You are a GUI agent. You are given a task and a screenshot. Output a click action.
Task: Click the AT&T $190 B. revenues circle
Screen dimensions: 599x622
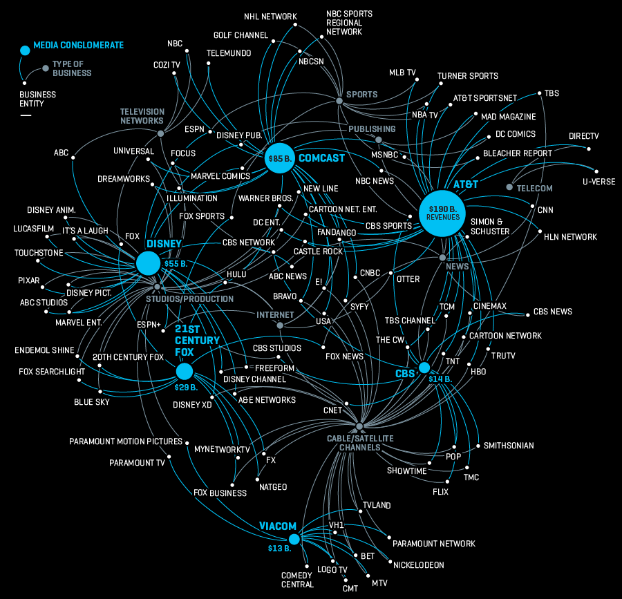[442, 212]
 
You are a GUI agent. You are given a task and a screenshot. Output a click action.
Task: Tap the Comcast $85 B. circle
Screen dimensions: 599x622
[280, 158]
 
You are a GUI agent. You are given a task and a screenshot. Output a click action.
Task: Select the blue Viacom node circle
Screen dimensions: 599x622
[294, 539]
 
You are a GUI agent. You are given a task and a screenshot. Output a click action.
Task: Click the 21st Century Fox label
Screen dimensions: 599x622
[197, 341]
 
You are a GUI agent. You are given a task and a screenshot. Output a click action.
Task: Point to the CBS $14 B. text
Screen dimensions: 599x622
[440, 379]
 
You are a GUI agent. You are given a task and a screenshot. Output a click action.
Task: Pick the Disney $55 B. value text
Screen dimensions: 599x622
[176, 264]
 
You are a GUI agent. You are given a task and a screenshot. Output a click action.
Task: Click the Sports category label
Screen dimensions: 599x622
[362, 95]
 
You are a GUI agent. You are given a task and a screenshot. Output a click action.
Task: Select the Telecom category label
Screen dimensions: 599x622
[535, 188]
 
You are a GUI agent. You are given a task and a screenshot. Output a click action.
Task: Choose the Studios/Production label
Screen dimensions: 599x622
[189, 299]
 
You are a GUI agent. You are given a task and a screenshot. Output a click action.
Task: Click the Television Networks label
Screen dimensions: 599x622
[142, 115]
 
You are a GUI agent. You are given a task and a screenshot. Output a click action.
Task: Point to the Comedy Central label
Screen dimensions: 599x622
[297, 580]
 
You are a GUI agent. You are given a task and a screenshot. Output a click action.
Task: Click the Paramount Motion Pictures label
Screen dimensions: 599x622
[126, 441]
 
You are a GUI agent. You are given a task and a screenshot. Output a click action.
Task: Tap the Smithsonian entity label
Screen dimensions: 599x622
[509, 446]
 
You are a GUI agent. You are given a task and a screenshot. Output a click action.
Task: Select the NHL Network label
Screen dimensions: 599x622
[270, 17]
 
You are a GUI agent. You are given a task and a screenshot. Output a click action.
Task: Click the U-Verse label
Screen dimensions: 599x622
[599, 182]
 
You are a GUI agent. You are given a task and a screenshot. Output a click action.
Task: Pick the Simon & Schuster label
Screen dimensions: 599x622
[490, 227]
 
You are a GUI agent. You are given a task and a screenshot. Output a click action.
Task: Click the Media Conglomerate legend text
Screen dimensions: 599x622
[79, 46]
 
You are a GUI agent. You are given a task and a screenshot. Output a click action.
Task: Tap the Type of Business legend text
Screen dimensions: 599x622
[72, 68]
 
